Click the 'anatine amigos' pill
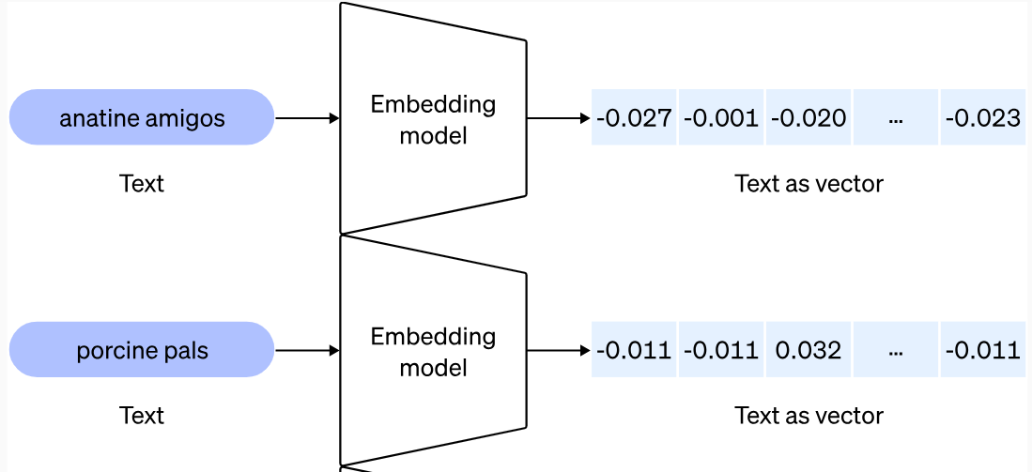(x=142, y=118)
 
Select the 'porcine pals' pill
(x=142, y=350)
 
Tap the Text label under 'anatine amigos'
(x=142, y=184)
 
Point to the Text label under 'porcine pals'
(x=142, y=415)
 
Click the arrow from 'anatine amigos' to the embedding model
(x=307, y=118)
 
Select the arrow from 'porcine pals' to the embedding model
(x=307, y=350)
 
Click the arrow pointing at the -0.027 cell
(x=559, y=118)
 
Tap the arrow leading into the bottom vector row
(x=559, y=350)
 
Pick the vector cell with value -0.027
(x=634, y=118)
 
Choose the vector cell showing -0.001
(x=720, y=118)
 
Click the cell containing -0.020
(x=808, y=118)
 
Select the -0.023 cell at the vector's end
(x=982, y=118)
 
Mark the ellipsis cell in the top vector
(x=895, y=118)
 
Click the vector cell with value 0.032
(x=808, y=350)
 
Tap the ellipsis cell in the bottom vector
(x=895, y=350)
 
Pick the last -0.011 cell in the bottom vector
(x=982, y=350)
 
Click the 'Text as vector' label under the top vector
(x=809, y=184)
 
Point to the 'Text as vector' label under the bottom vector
(x=809, y=415)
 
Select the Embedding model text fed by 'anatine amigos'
(x=433, y=119)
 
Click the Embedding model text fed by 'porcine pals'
(x=433, y=351)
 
